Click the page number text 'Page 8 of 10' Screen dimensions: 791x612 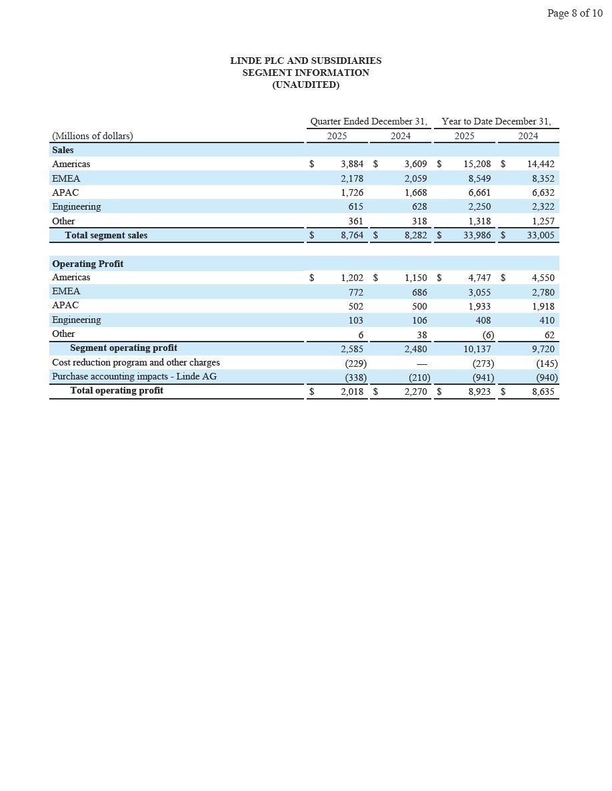[x=574, y=13]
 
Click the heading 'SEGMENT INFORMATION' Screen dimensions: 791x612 [x=305, y=73]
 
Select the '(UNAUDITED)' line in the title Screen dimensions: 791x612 [x=305, y=85]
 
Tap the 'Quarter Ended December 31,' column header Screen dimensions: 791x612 [x=369, y=121]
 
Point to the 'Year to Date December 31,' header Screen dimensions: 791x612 [x=496, y=121]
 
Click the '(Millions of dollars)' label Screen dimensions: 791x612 [x=92, y=136]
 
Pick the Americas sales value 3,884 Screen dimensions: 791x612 [x=351, y=164]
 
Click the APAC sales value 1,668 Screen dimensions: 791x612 [x=415, y=192]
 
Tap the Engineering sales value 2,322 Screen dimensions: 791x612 [x=542, y=207]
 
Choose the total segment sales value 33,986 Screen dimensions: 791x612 [x=477, y=235]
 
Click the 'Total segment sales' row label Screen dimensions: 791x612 [x=106, y=235]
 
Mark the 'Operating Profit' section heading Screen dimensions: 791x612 [x=87, y=264]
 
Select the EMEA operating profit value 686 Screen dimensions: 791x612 [x=419, y=292]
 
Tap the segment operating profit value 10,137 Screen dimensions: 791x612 [x=477, y=349]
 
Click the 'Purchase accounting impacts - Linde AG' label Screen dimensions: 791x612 [x=134, y=377]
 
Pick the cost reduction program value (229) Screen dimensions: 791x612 [x=355, y=364]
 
